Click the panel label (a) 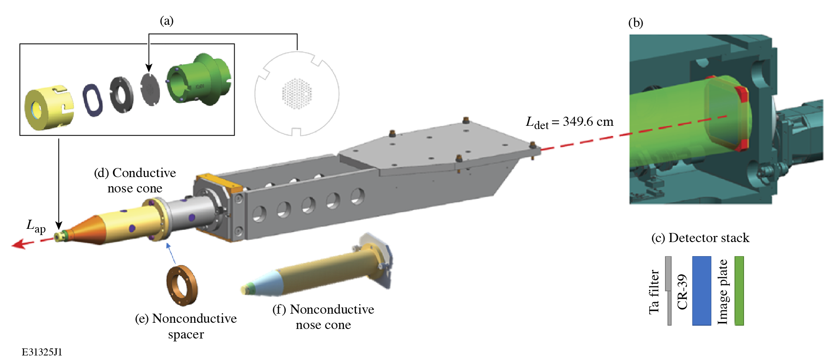pos(166,21)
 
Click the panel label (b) pos(636,22)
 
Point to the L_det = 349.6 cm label pos(569,122)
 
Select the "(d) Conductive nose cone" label pos(135,180)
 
